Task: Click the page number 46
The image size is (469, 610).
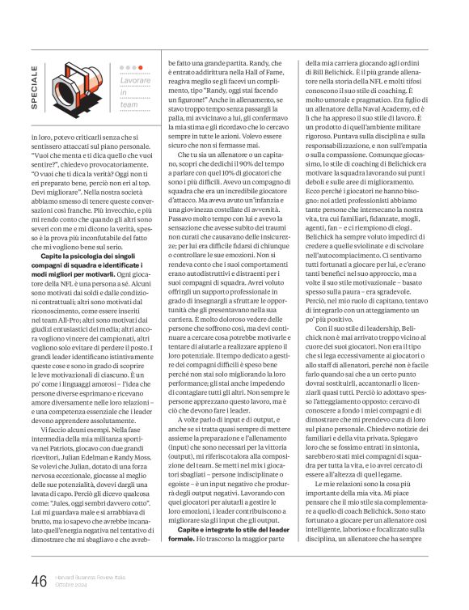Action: (38, 580)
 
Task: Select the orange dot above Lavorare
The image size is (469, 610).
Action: (140, 67)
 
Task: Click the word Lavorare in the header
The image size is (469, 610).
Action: (133, 83)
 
